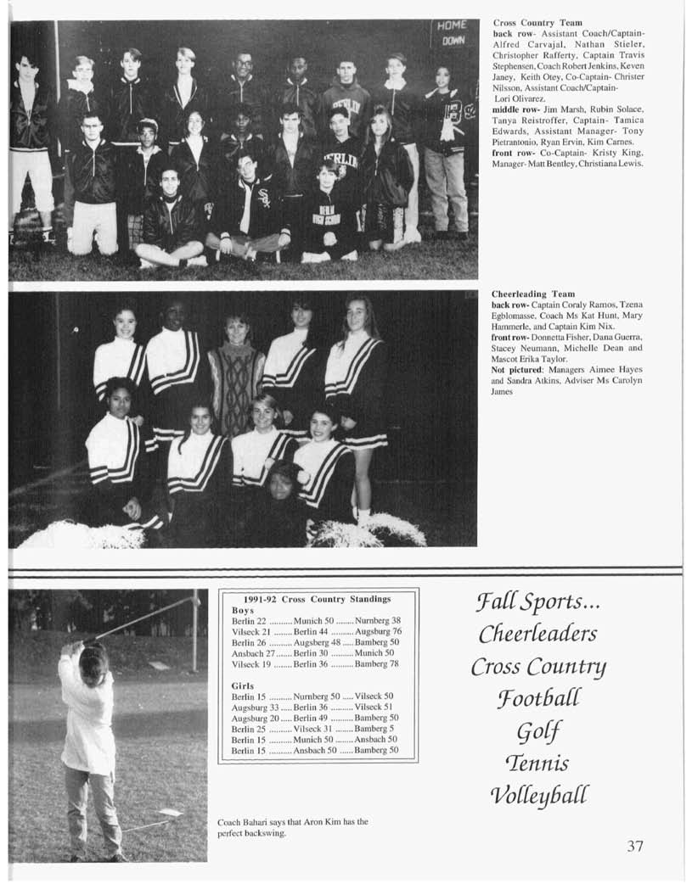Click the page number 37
coord(635,846)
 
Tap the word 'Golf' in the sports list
coord(539,731)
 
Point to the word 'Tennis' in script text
coord(538,763)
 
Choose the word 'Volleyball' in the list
coord(538,795)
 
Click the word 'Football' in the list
coord(538,698)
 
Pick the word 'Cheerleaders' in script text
coord(537,634)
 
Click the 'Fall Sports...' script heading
coord(537,602)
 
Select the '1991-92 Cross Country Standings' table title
coord(318,599)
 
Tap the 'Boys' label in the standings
coord(243,610)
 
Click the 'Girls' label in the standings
coord(244,685)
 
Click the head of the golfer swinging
coord(93,659)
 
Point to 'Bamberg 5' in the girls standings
coord(374,729)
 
